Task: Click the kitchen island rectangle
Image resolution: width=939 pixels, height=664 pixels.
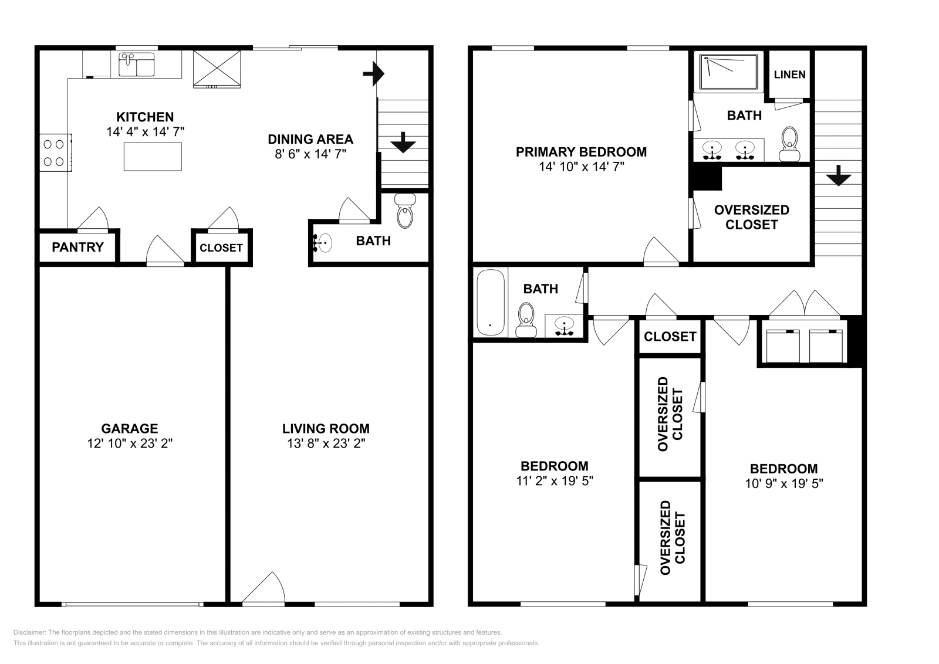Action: tap(153, 157)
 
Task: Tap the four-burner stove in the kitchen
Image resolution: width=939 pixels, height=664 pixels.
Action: tap(55, 153)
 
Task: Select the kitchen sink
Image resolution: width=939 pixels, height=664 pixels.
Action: tap(137, 65)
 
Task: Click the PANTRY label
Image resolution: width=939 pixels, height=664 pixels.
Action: tap(77, 247)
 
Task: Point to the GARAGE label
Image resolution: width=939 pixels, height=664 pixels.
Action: tap(130, 428)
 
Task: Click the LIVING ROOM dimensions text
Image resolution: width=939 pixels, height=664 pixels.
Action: tap(326, 443)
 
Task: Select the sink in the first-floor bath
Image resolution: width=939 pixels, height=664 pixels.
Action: tap(323, 243)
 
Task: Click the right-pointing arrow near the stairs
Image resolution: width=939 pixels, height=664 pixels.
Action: tap(373, 74)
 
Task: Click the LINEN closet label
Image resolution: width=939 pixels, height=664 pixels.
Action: tap(790, 74)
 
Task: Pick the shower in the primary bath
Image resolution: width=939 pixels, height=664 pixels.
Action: tap(728, 72)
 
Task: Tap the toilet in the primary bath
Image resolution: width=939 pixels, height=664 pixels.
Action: tap(789, 144)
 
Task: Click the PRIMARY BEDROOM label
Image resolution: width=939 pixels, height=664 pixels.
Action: tap(581, 152)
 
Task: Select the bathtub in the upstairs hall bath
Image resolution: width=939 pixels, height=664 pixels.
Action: tap(491, 302)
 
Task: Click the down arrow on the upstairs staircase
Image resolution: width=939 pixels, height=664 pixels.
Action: tap(839, 175)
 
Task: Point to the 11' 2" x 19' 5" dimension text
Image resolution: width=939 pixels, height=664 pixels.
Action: tap(555, 480)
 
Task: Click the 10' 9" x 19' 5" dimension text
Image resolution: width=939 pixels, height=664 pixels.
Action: tap(784, 483)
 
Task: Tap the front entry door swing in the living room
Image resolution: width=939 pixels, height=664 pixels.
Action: tap(264, 588)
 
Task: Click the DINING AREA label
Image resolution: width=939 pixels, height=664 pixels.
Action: tap(310, 139)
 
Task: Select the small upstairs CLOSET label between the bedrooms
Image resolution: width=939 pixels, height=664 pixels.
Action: tap(670, 336)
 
